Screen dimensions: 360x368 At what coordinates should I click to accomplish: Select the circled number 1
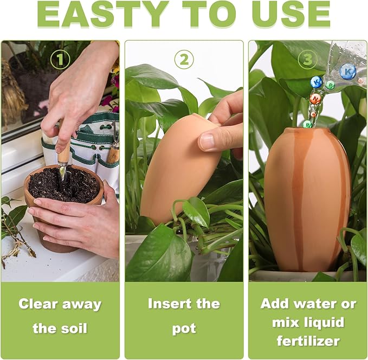[61, 59]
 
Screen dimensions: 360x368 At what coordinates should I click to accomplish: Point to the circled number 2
[184, 59]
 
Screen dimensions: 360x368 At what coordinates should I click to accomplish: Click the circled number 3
[307, 59]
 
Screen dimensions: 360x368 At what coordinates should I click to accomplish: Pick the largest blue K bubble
[347, 70]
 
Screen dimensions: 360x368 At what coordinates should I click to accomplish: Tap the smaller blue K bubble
[317, 82]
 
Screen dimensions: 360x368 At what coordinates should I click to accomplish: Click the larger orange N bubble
[315, 98]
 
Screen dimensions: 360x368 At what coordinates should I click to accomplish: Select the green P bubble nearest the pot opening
[307, 124]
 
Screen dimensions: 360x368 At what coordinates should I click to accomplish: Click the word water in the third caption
[320, 304]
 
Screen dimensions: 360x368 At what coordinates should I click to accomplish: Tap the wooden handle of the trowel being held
[64, 155]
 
